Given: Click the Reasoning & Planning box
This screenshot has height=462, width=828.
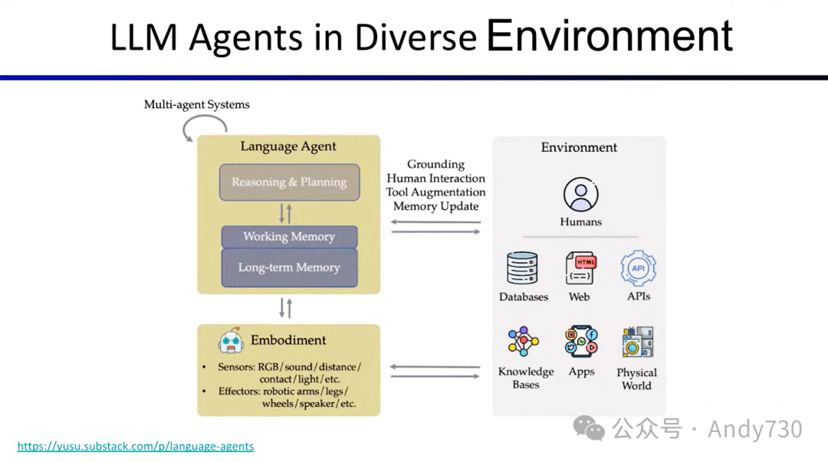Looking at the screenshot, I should click(289, 182).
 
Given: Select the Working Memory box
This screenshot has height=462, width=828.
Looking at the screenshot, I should click(289, 237).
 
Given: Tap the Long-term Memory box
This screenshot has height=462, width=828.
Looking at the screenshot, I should click(289, 267).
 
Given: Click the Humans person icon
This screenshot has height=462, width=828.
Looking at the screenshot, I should click(580, 195).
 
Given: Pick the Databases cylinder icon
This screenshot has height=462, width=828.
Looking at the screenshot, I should click(523, 268).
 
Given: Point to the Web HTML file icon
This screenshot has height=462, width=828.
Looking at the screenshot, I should click(580, 268).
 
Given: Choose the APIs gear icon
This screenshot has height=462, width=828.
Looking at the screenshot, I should click(637, 268).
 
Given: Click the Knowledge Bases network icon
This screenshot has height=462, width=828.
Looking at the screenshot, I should click(524, 342).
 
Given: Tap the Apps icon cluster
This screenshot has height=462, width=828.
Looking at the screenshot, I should click(581, 342).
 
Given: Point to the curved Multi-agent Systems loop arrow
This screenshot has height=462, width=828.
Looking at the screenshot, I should click(199, 129).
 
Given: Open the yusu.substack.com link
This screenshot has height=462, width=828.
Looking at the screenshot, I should click(136, 446).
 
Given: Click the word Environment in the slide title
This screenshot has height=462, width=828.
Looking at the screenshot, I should click(609, 35).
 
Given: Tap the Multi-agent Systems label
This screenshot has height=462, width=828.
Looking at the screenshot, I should click(197, 104).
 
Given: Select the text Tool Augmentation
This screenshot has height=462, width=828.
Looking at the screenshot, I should click(435, 192).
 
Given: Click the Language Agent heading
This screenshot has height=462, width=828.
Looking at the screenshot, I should click(288, 147).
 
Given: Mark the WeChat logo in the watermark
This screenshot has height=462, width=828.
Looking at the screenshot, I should click(590, 428).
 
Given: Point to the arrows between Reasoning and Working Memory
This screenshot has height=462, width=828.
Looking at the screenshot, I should click(285, 213).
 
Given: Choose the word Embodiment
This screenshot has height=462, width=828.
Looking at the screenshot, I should click(288, 340).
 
